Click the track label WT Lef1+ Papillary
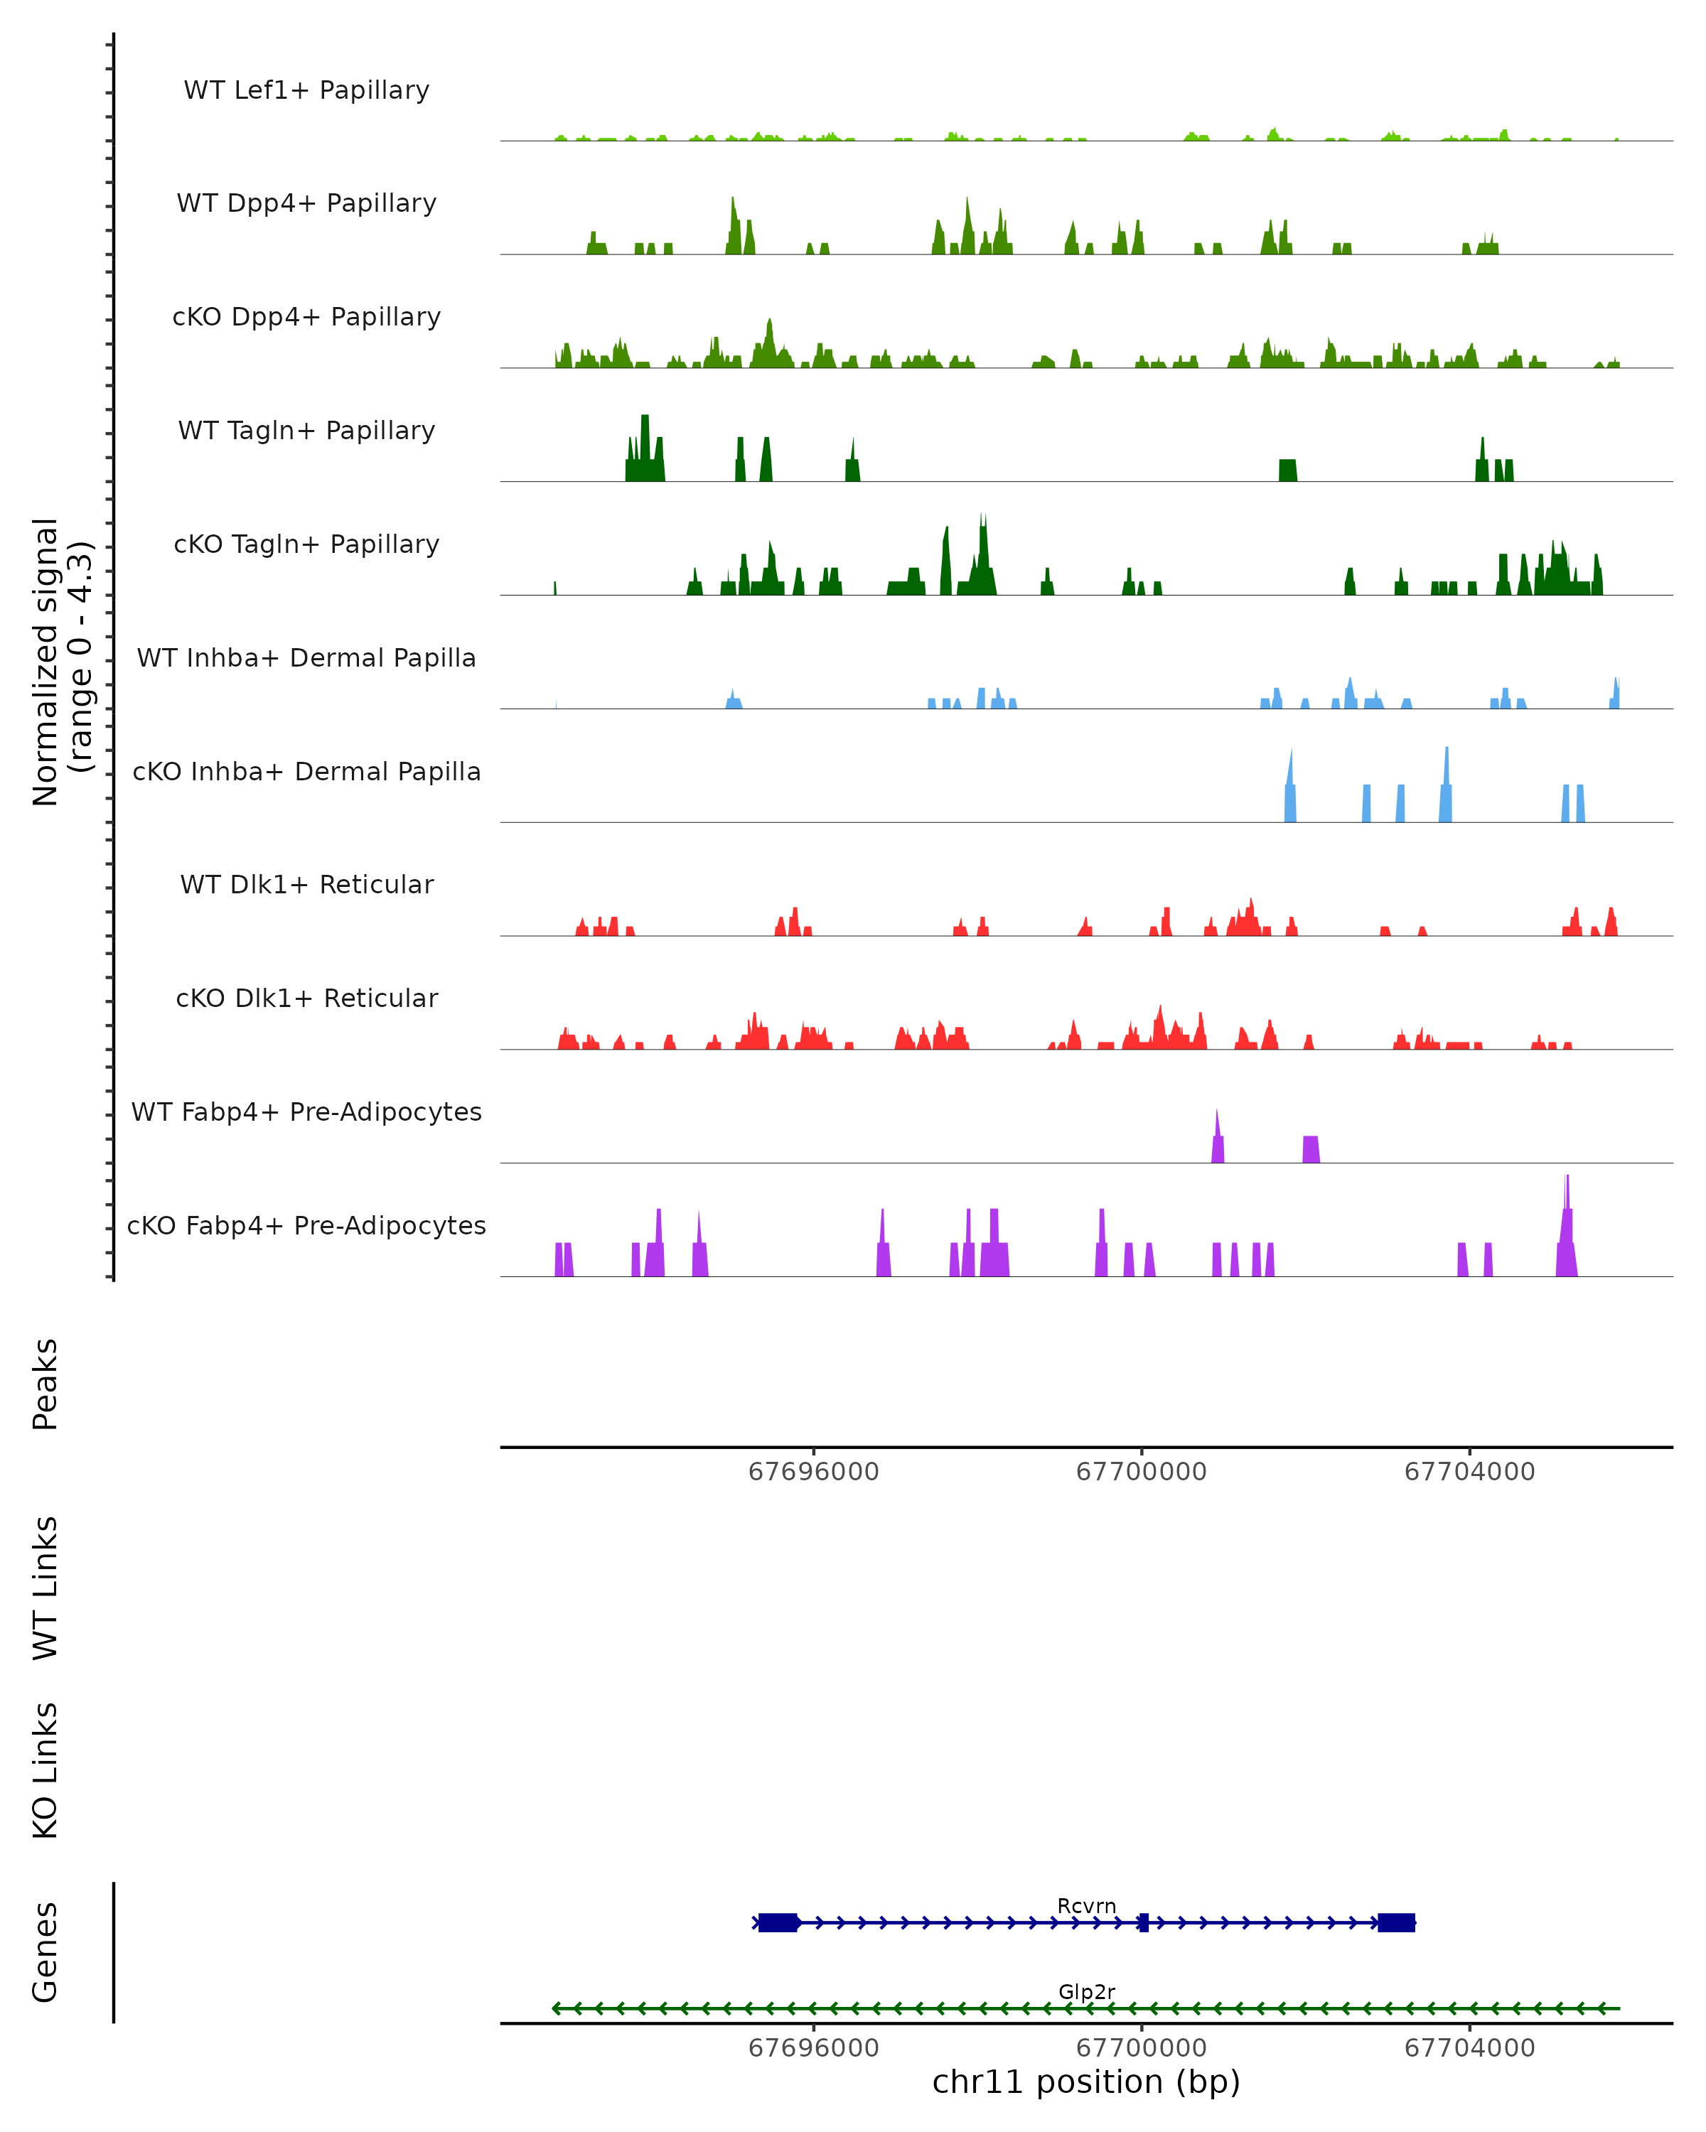(306, 90)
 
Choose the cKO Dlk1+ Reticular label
(306, 998)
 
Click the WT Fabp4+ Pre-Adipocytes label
(306, 1111)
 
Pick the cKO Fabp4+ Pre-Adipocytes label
(306, 1225)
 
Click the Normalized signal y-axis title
(61, 662)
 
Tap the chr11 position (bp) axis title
(1086, 2082)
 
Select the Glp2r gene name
(1086, 1991)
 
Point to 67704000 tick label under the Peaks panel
(1469, 1472)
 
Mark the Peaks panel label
(45, 1384)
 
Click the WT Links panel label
(45, 1587)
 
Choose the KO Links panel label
(45, 1770)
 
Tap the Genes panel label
(45, 1951)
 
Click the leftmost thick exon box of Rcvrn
(778, 1922)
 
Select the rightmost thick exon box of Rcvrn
(1397, 1922)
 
